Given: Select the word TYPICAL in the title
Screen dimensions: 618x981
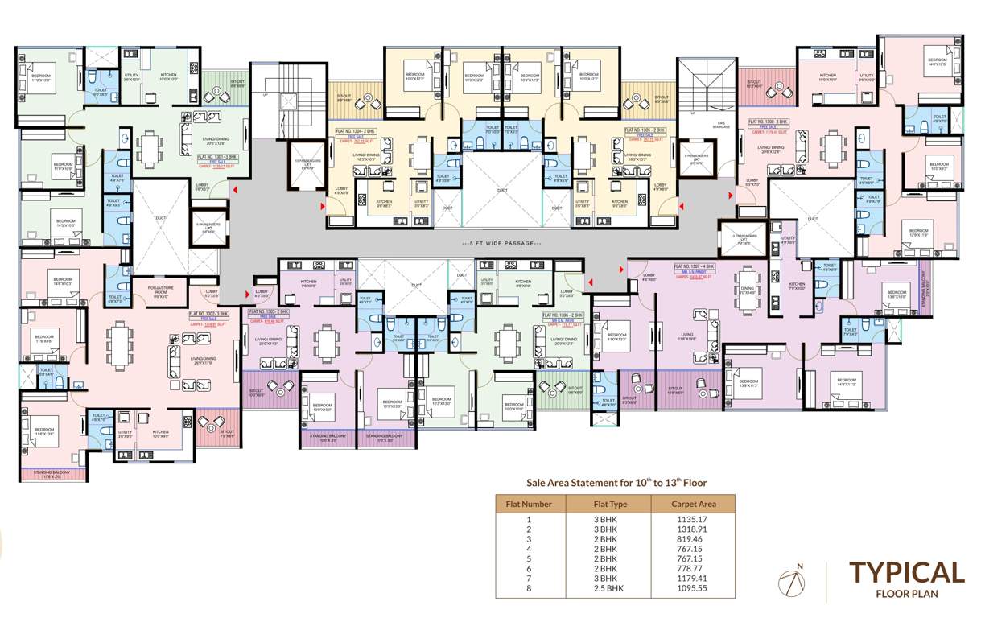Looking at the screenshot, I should (906, 573).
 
